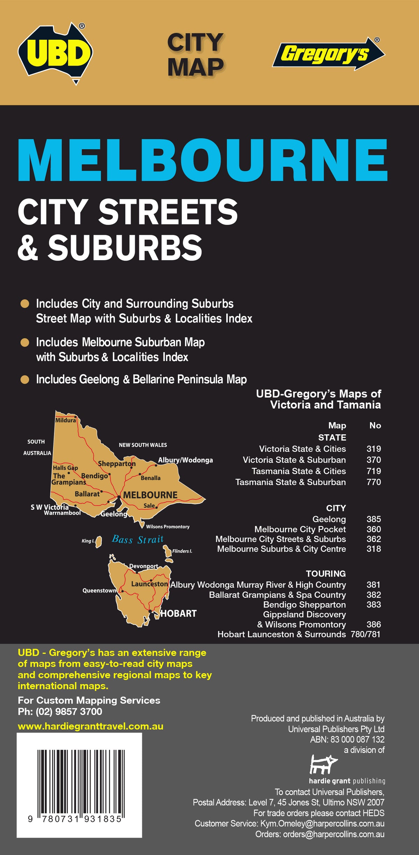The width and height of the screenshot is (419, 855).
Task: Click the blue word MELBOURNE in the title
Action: pyautogui.click(x=203, y=160)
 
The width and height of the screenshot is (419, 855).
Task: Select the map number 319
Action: pyautogui.click(x=373, y=449)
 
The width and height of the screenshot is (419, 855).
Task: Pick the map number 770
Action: pyautogui.click(x=373, y=482)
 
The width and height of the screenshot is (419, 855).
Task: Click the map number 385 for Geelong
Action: pyautogui.click(x=373, y=519)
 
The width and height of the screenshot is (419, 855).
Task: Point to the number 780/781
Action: pyautogui.click(x=365, y=634)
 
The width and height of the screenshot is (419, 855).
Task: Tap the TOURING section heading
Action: pyautogui.click(x=326, y=574)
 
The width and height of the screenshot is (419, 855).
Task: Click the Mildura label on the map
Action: pyautogui.click(x=65, y=420)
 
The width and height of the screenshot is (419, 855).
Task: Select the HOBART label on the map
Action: pyautogui.click(x=178, y=614)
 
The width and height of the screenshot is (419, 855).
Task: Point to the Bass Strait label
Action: pyautogui.click(x=138, y=540)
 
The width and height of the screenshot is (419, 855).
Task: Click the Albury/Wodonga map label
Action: pyautogui.click(x=185, y=460)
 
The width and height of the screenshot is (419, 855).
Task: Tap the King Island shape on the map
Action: pyautogui.click(x=99, y=541)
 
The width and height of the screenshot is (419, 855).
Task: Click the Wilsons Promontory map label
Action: pyautogui.click(x=168, y=527)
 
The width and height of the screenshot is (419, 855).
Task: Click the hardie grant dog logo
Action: pyautogui.click(x=323, y=764)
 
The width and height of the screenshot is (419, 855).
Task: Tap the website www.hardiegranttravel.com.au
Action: pyautogui.click(x=90, y=727)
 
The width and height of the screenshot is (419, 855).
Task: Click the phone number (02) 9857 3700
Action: pyautogui.click(x=69, y=712)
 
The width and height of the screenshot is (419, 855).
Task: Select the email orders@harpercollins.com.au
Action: pyautogui.click(x=333, y=834)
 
